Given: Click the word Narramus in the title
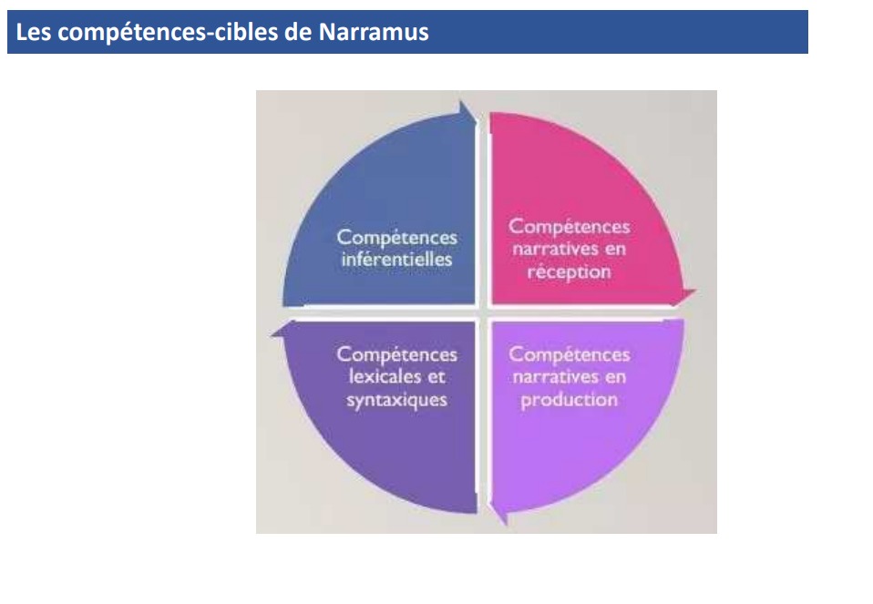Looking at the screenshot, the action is pyautogui.click(x=374, y=32).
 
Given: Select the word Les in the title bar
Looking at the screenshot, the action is pyautogui.click(x=34, y=32).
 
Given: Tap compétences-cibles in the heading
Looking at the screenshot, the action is pyautogui.click(x=168, y=32).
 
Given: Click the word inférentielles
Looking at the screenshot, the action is pyautogui.click(x=397, y=260).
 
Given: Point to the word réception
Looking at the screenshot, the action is pyautogui.click(x=569, y=272).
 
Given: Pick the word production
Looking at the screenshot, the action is pyautogui.click(x=569, y=400).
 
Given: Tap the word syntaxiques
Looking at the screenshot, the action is pyautogui.click(x=397, y=400).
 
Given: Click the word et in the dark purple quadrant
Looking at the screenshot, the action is pyautogui.click(x=436, y=377).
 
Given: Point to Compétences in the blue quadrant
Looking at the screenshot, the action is pyautogui.click(x=397, y=238).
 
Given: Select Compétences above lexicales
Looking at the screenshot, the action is pyautogui.click(x=397, y=354).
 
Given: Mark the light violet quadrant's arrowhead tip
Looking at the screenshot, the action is pyautogui.click(x=505, y=525).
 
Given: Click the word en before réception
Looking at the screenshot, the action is pyautogui.click(x=615, y=250).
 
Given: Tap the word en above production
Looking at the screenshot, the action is pyautogui.click(x=615, y=378).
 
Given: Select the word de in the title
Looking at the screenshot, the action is pyautogui.click(x=298, y=32).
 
